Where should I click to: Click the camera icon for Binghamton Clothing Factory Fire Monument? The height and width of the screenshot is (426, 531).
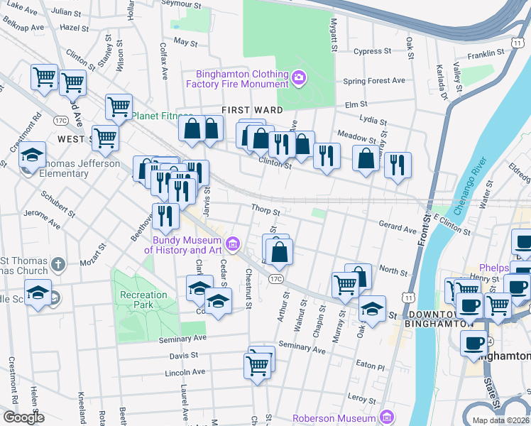coord(300,76)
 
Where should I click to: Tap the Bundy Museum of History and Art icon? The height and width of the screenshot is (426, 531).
coord(232,245)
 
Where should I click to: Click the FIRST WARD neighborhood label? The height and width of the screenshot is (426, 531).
coord(252,110)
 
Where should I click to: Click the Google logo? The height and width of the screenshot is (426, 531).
coord(23,417)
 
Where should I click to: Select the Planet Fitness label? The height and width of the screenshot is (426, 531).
coord(161,116)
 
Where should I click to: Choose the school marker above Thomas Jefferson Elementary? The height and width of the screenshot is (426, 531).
coord(32,155)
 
